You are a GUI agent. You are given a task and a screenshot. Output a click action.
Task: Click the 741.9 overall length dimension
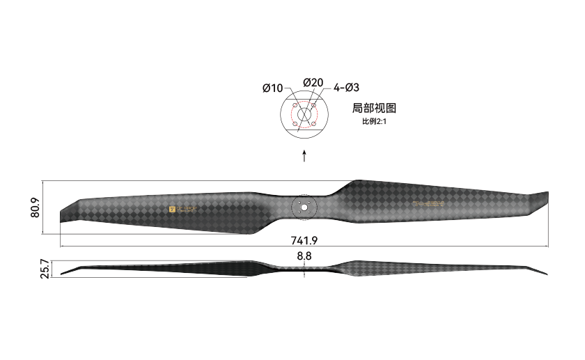(x=304, y=241)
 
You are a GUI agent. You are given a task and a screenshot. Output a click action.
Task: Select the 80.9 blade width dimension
(x=35, y=208)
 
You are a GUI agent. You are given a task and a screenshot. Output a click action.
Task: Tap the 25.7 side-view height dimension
(x=45, y=269)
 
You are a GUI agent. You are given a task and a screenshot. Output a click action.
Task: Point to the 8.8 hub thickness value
(x=304, y=257)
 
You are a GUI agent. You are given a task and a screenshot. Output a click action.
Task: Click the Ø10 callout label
(x=272, y=88)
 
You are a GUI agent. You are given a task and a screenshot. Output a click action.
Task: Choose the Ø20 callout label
(x=313, y=82)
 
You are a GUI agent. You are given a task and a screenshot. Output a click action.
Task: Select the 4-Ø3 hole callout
(x=346, y=88)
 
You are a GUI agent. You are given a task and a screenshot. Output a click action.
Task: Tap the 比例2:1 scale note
(x=374, y=121)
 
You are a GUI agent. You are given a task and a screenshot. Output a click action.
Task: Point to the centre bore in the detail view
(x=304, y=115)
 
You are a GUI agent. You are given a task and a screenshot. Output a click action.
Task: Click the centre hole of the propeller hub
(x=304, y=207)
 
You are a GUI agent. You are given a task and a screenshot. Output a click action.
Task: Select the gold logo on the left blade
(x=183, y=208)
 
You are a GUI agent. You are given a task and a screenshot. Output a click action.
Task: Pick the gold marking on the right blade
(x=428, y=204)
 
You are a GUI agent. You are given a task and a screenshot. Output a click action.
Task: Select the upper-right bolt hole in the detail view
(x=314, y=106)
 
